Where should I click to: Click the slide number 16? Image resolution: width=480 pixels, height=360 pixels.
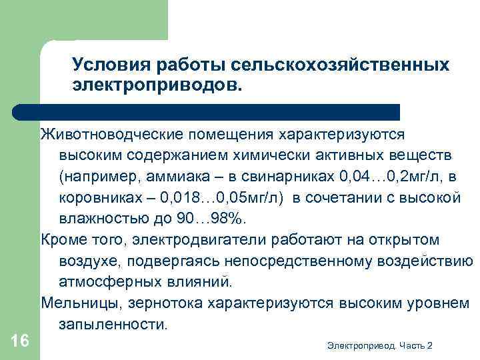[20, 341]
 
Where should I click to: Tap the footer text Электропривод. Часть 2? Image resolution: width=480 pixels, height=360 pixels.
[380, 345]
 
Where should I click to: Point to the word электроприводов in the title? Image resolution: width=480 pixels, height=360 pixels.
[157, 85]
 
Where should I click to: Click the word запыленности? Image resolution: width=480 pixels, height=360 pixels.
[110, 325]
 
